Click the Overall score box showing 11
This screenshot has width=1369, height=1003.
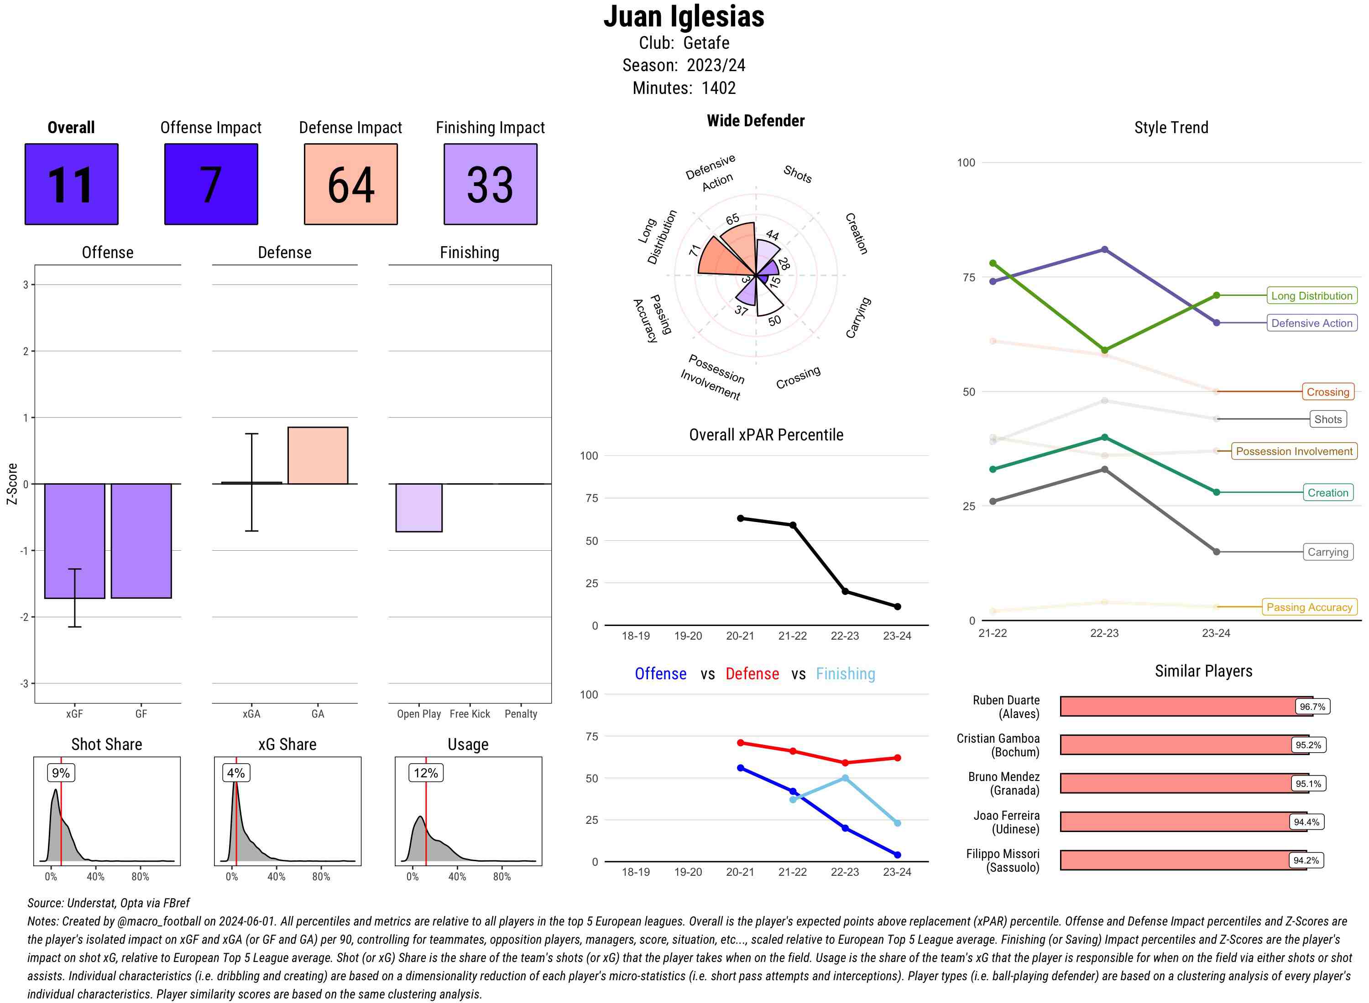(x=71, y=184)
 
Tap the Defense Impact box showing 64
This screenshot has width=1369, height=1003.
(x=350, y=184)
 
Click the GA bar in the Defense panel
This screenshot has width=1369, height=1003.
(x=318, y=455)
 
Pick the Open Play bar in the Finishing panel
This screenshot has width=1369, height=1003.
(x=418, y=507)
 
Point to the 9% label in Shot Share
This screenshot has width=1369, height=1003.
(x=61, y=773)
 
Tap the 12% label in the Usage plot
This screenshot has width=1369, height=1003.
(x=425, y=773)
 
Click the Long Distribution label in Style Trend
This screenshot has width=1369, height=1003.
(x=1312, y=296)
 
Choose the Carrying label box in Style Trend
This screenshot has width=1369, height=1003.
(x=1327, y=552)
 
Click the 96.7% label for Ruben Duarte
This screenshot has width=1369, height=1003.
(x=1312, y=707)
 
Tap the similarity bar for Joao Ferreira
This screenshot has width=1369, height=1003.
(x=1176, y=822)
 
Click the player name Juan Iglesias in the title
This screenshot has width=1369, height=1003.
(x=684, y=16)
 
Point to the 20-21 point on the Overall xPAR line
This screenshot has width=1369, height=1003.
(x=740, y=518)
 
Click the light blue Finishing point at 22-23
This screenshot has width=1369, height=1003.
(x=845, y=778)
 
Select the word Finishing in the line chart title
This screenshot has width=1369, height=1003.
(x=845, y=674)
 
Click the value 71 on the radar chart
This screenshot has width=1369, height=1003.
(x=695, y=250)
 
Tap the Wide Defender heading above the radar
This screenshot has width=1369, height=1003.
(x=755, y=121)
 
